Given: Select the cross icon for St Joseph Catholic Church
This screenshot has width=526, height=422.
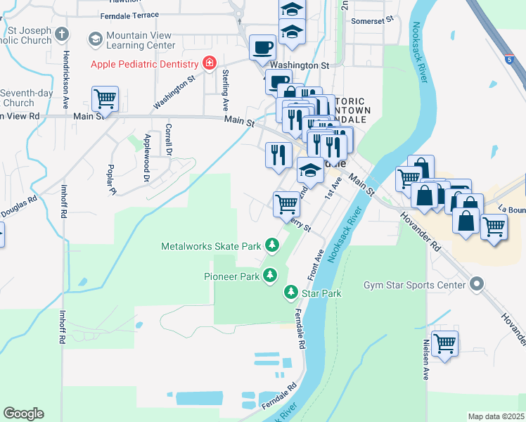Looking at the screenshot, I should point(62,34).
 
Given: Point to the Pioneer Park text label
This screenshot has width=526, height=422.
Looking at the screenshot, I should point(231,276).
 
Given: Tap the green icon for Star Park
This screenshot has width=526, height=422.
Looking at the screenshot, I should point(290,292).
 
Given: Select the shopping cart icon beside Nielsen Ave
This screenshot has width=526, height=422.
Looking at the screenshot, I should point(444,344).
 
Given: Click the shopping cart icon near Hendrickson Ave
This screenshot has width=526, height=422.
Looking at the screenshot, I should point(105,98).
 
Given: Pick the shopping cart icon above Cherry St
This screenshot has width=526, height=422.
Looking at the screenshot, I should point(286,204).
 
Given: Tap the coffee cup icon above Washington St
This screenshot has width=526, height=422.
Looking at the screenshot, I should point(263,47).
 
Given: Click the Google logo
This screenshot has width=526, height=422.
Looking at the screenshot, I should point(23,414).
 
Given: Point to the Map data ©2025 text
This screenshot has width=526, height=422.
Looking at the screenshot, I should point(495,416).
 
